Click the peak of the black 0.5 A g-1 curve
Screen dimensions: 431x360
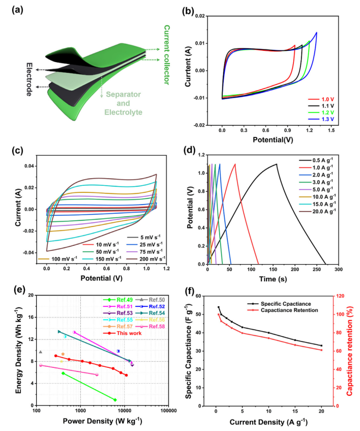[x=277, y=164]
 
